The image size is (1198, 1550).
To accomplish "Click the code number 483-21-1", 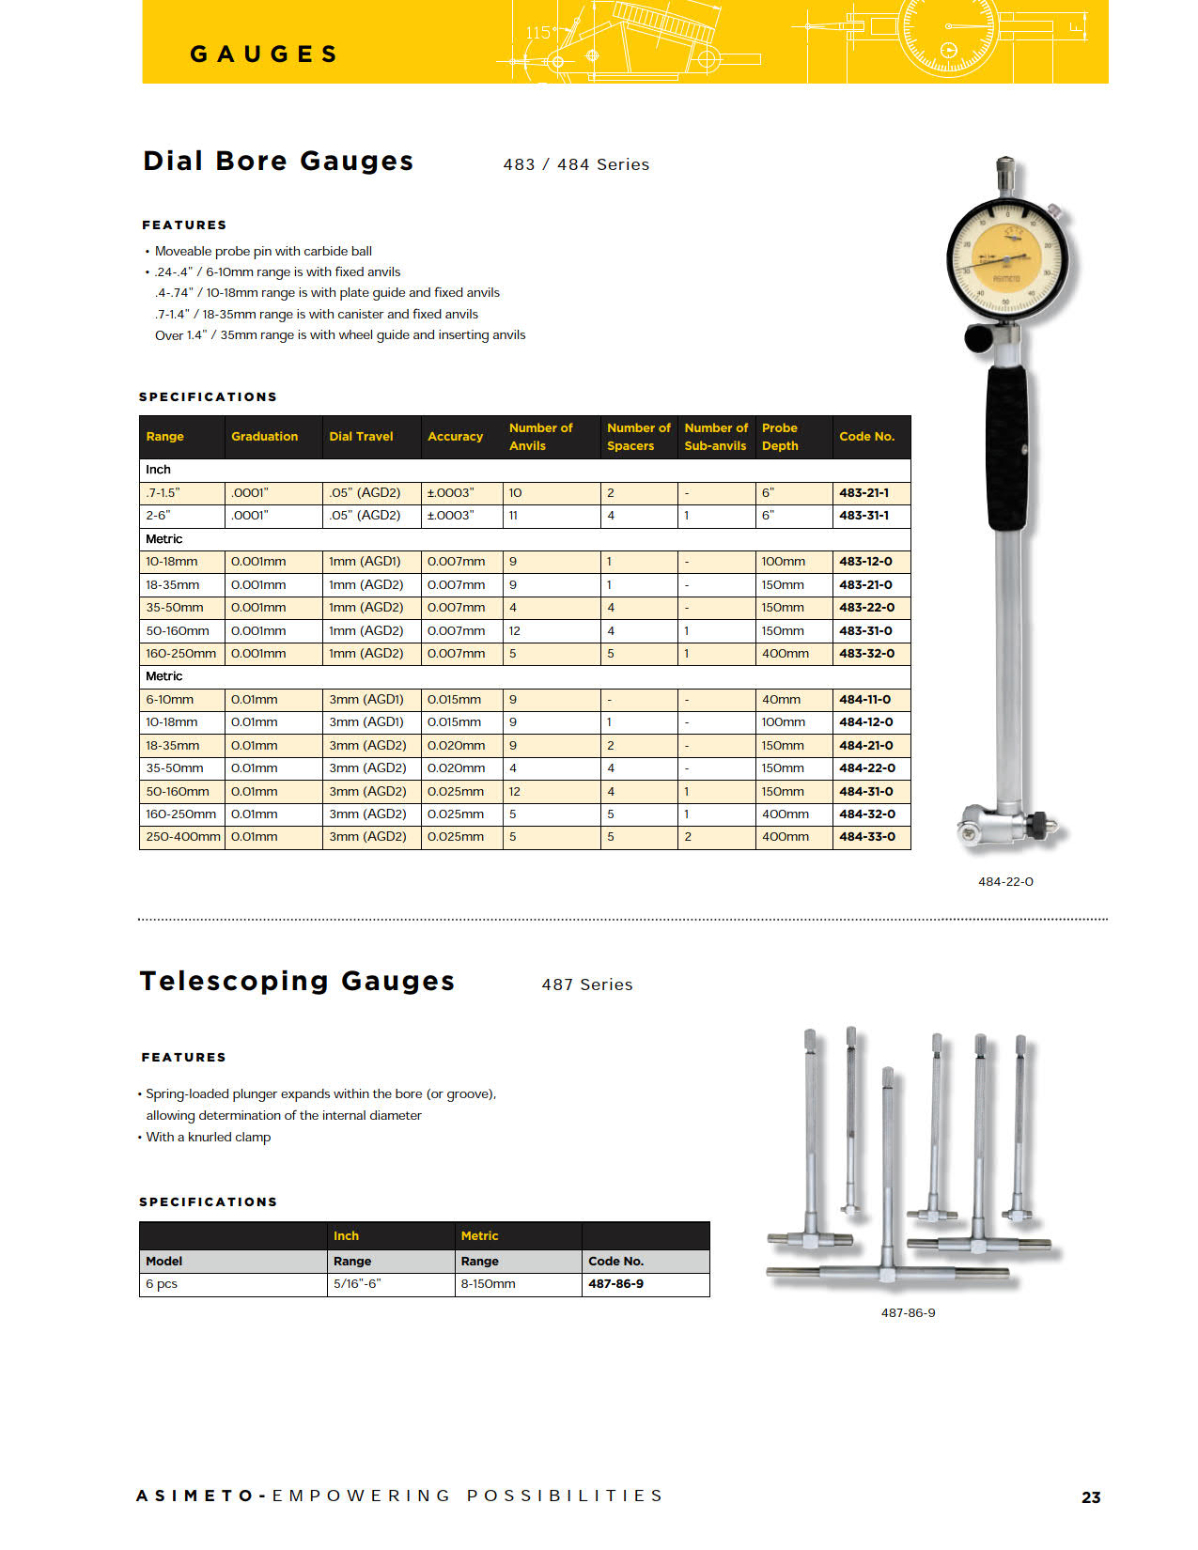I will coord(863,492).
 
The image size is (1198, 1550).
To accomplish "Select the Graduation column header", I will coord(264,437).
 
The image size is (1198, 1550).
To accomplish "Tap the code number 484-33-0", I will coord(866,837).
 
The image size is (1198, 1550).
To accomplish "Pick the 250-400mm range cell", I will coord(182,837).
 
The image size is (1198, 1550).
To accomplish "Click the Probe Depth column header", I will coord(780,437).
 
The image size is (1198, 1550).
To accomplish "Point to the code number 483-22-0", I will coord(866,608).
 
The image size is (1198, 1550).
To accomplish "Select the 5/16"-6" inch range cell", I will coord(357,1284).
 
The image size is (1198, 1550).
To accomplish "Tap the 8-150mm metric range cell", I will coord(488,1284).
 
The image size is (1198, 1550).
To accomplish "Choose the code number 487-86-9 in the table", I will coord(615,1284).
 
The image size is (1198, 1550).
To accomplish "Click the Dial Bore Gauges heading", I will coord(278,162).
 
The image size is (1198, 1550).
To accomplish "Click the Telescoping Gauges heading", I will coord(297,982).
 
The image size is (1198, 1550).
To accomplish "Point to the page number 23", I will coord(1091,1497).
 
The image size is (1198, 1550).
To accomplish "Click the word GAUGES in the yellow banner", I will coord(263,54).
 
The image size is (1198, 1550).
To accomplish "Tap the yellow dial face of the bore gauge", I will coord(1007,259).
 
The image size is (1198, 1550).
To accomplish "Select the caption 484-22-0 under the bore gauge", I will coord(1005,882).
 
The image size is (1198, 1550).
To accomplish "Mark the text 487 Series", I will coord(587,984).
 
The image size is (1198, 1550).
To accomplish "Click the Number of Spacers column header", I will coord(638,437).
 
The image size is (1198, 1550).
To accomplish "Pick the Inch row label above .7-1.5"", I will coord(158,470).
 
